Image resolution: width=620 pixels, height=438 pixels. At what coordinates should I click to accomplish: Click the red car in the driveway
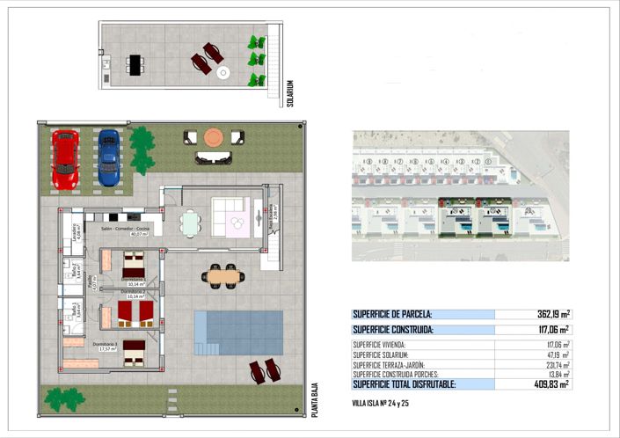(65, 159)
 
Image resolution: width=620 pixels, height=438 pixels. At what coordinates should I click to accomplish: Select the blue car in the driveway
(108, 157)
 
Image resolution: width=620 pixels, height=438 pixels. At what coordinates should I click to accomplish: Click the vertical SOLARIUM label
(289, 93)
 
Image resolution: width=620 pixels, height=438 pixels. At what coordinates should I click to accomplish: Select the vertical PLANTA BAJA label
(313, 398)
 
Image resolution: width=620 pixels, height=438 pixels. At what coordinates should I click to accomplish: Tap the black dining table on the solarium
(135, 63)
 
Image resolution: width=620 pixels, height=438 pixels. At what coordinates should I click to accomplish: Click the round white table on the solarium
(222, 73)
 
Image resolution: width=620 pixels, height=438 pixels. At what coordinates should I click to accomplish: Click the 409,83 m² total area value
(551, 383)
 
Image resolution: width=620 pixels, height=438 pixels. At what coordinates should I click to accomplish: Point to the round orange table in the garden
(214, 137)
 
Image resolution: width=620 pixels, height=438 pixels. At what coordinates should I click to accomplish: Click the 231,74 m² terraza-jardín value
(553, 364)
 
